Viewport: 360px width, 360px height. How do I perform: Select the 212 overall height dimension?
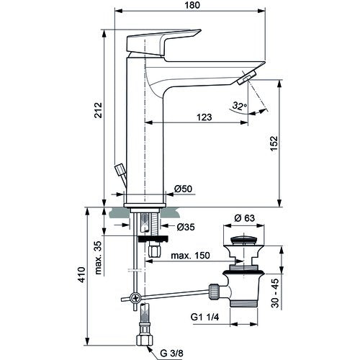[98, 110]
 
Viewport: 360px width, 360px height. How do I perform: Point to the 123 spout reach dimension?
[204, 117]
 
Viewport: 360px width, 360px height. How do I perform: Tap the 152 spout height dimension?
[274, 143]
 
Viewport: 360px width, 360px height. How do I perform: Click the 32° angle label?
[239, 106]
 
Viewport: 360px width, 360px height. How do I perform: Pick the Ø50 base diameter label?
[183, 189]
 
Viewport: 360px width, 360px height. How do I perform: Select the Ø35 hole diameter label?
[186, 227]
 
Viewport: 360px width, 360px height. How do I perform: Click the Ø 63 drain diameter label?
[245, 218]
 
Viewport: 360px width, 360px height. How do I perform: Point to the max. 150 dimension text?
[190, 256]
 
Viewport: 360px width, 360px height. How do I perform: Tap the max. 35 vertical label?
[98, 258]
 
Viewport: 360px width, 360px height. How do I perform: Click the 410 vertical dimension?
[82, 274]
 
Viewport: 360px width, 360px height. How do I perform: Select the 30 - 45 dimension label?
[276, 293]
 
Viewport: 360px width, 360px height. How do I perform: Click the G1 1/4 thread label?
[204, 318]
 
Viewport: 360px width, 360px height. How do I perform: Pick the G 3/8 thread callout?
[171, 353]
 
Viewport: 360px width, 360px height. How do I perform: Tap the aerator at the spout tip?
[247, 78]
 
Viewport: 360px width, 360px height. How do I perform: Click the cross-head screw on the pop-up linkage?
[135, 298]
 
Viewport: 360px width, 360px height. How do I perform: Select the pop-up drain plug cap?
[243, 240]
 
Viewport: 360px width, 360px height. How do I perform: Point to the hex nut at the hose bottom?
[145, 340]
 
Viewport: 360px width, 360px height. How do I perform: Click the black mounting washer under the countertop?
[153, 239]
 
